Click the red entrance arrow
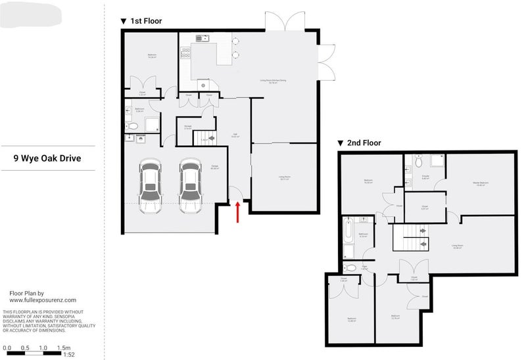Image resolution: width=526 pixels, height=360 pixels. [237, 212]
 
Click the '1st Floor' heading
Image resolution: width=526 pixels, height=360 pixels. [145, 21]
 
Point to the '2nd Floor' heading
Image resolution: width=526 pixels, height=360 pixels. [364, 143]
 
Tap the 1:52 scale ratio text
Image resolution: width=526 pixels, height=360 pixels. [68, 355]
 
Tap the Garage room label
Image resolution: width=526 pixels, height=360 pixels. [214, 168]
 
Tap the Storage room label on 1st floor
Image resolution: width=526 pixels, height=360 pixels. [188, 127]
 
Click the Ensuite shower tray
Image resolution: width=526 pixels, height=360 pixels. [435, 160]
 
